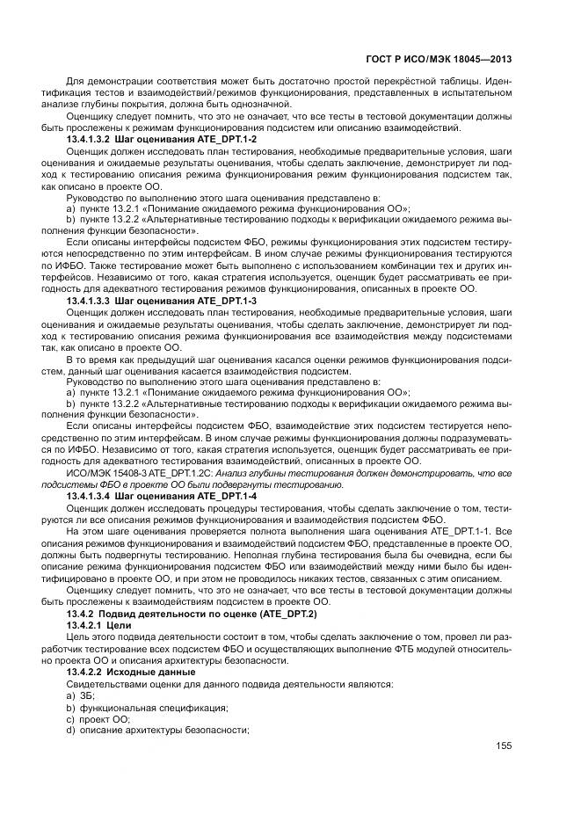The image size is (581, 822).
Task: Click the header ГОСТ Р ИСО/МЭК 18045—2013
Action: click(x=437, y=60)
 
